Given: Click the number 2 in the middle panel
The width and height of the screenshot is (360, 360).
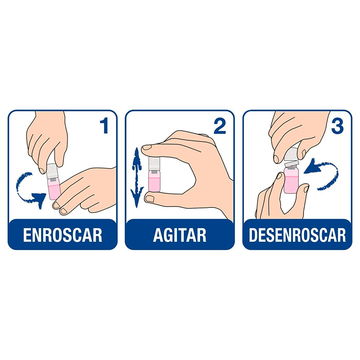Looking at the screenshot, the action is pyautogui.click(x=220, y=126).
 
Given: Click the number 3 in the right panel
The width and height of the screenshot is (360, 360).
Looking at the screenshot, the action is pyautogui.click(x=337, y=126).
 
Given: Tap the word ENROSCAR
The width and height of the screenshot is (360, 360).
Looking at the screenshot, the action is pyautogui.click(x=62, y=235).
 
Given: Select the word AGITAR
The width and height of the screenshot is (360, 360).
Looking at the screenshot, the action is pyautogui.click(x=180, y=235).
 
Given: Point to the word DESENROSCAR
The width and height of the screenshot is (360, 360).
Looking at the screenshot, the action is pyautogui.click(x=297, y=235).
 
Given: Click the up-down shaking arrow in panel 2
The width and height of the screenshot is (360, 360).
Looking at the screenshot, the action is pyautogui.click(x=137, y=177).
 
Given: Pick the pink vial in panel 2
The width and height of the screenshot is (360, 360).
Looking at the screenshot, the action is pyautogui.click(x=154, y=181).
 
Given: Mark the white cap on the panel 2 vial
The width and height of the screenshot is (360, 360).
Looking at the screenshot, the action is pyautogui.click(x=154, y=164).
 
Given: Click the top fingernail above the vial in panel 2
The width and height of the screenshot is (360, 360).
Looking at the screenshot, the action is pyautogui.click(x=147, y=148).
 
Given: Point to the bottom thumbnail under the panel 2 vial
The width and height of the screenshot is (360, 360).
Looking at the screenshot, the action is pyautogui.click(x=150, y=199).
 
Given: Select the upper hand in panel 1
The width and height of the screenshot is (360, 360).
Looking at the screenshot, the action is pyautogui.click(x=47, y=140).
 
